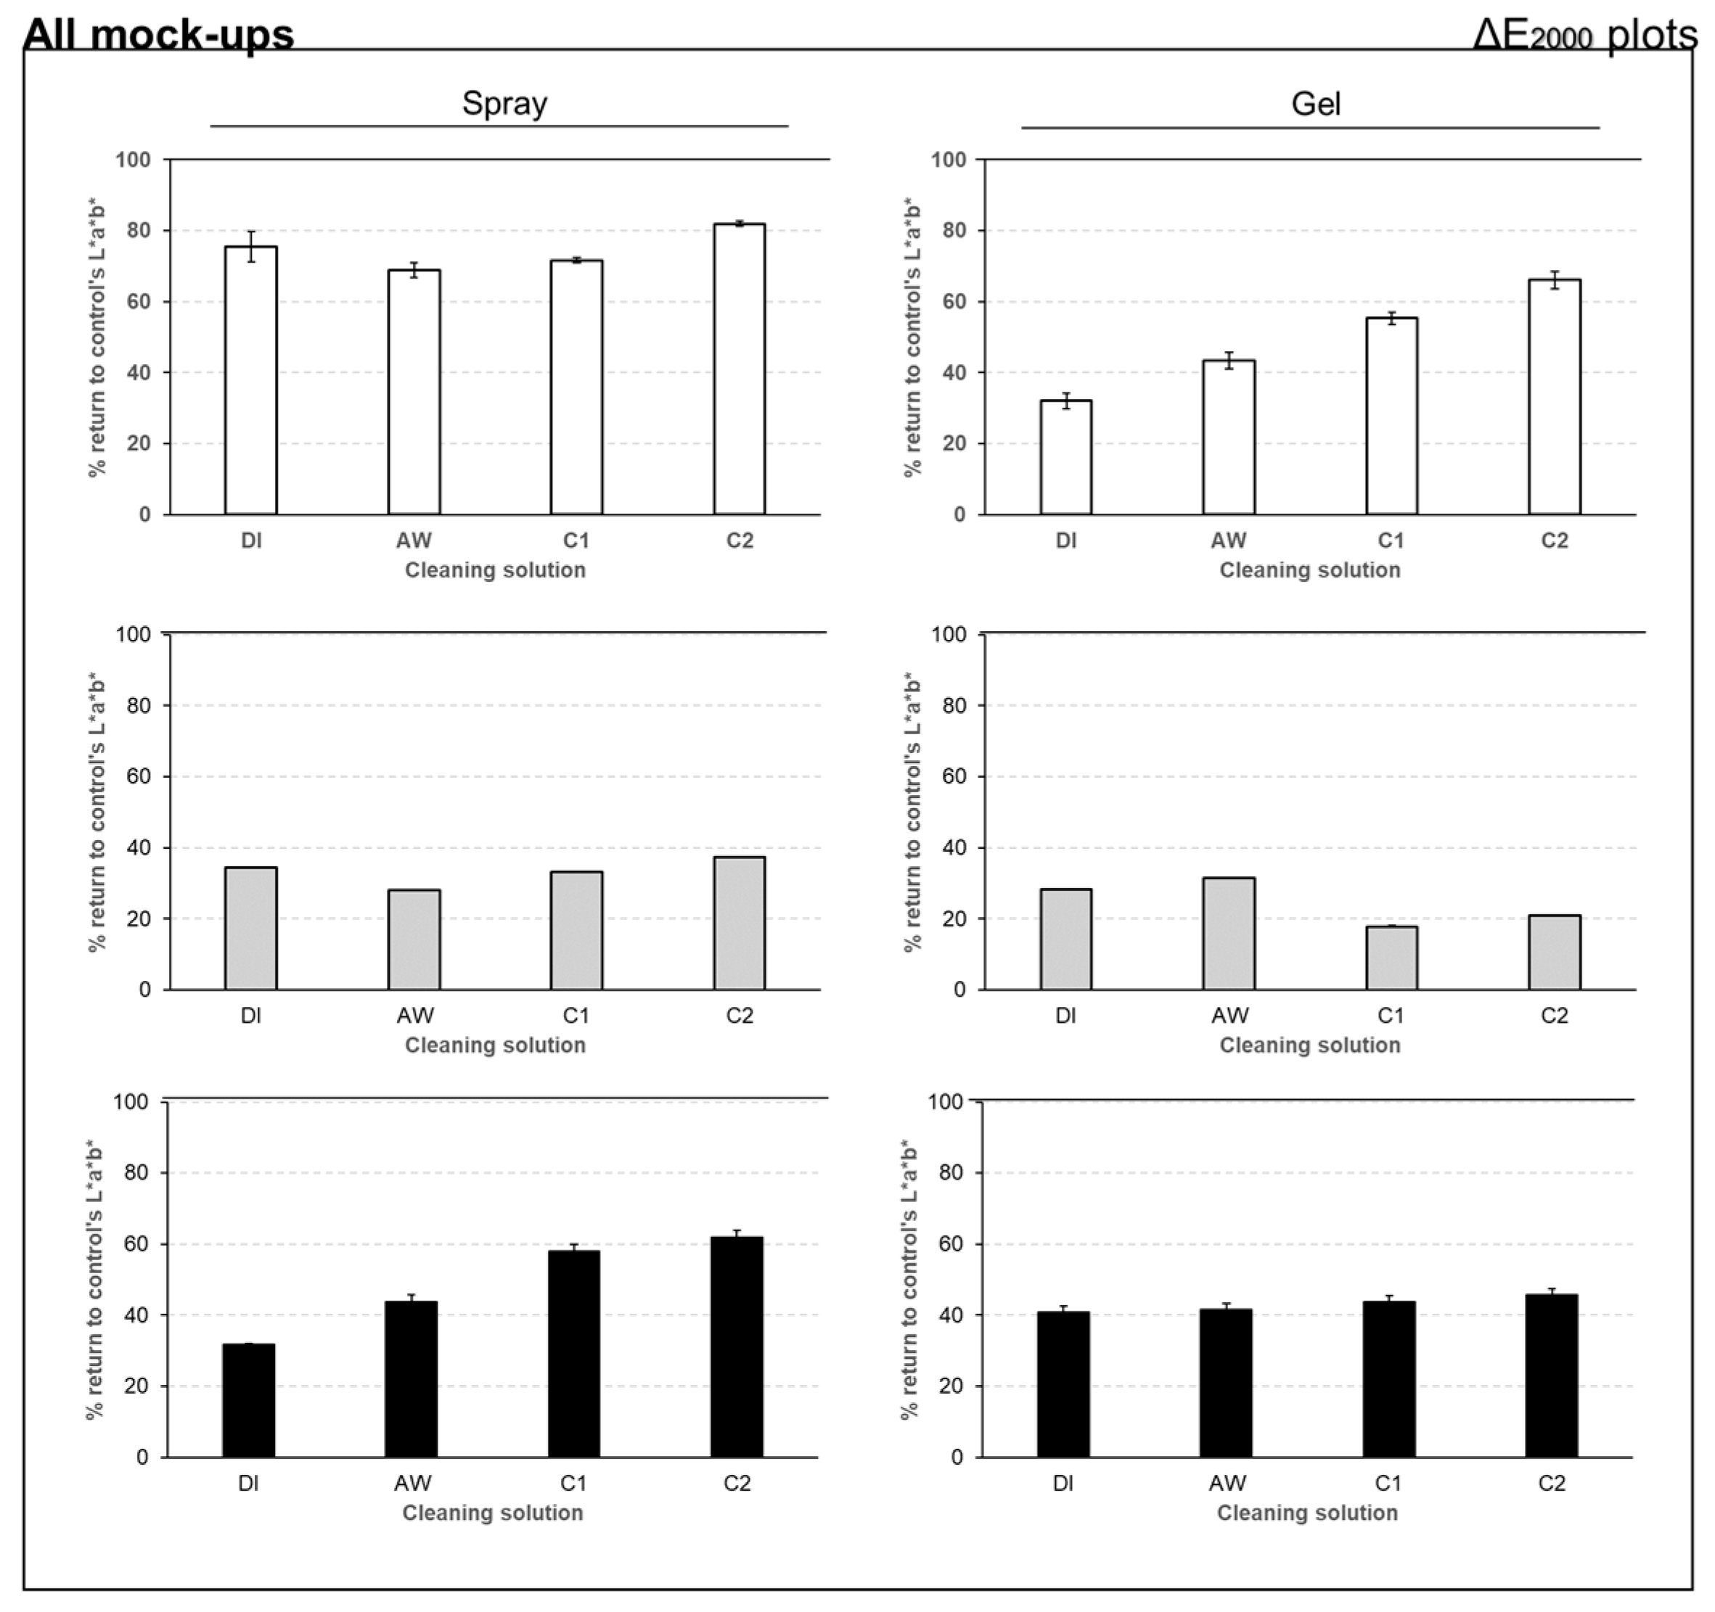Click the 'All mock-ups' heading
[x=159, y=33]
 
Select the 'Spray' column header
[x=504, y=104]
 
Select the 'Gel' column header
[x=1316, y=104]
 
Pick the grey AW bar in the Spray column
[x=414, y=939]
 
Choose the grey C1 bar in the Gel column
[x=1391, y=958]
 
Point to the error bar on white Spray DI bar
[x=251, y=246]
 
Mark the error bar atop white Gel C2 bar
[x=1555, y=279]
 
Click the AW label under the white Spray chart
[x=414, y=540]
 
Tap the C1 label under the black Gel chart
[x=1388, y=1484]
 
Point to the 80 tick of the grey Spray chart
[x=133, y=705]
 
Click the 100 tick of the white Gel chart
[x=948, y=160]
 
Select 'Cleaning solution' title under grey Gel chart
[x=1309, y=1045]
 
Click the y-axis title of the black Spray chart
[x=95, y=1280]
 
